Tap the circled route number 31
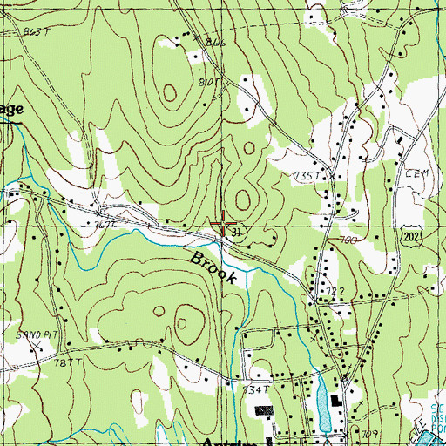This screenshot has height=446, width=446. tap(236, 232)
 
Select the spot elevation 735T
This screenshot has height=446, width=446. tap(308, 176)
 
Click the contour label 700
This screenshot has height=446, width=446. tap(349, 239)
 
